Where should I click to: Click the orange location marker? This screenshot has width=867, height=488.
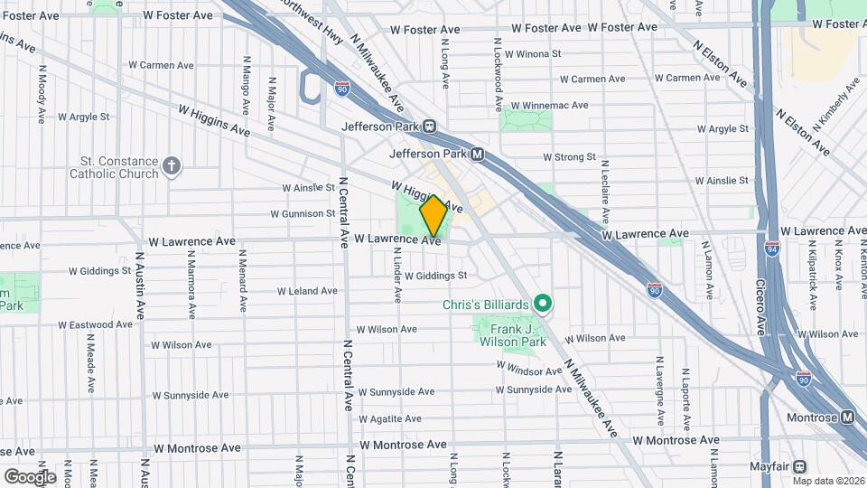pyautogui.click(x=433, y=216)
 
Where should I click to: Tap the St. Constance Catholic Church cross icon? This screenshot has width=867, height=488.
pyautogui.click(x=172, y=166)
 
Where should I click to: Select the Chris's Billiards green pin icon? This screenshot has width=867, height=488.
pyautogui.click(x=543, y=305)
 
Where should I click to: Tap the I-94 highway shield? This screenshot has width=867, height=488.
pyautogui.click(x=771, y=247)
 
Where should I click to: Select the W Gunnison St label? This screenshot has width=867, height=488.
pyautogui.click(x=303, y=214)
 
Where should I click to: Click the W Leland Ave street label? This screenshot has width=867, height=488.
pyautogui.click(x=307, y=291)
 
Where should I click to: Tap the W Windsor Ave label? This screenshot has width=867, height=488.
pyautogui.click(x=529, y=371)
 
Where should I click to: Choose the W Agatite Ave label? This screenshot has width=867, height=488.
pyautogui.click(x=390, y=419)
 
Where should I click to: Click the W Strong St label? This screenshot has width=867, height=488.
pyautogui.click(x=569, y=157)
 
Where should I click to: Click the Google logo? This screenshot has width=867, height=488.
pyautogui.click(x=29, y=476)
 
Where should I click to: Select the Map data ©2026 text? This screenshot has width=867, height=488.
pyautogui.click(x=828, y=481)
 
